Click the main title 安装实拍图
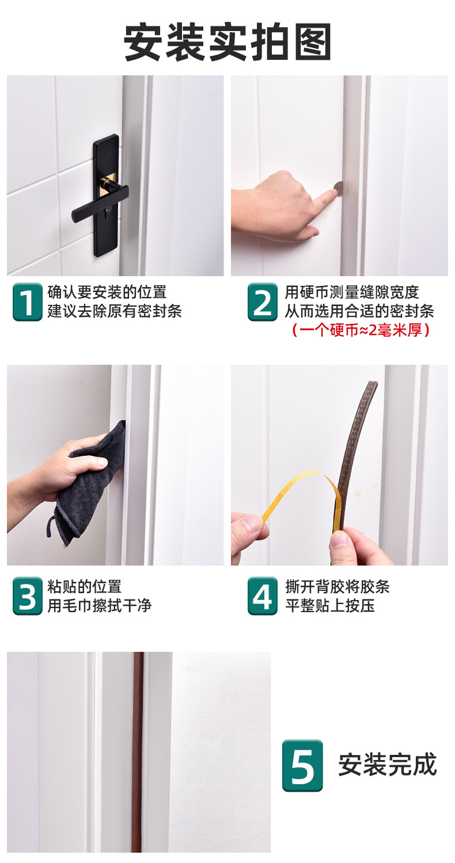pos(227,43)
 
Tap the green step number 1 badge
pos(27,301)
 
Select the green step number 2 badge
pos(263,301)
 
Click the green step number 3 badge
pos(27,595)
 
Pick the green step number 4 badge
pos(263,595)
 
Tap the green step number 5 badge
pos(302,765)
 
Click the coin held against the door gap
pos(339,186)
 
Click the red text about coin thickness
pos(361,330)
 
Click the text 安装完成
pos(387,765)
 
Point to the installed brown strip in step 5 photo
pos(137,754)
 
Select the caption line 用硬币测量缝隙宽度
pos(351,292)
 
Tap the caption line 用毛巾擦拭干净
pos(99,605)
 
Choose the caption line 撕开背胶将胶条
pos(338,587)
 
